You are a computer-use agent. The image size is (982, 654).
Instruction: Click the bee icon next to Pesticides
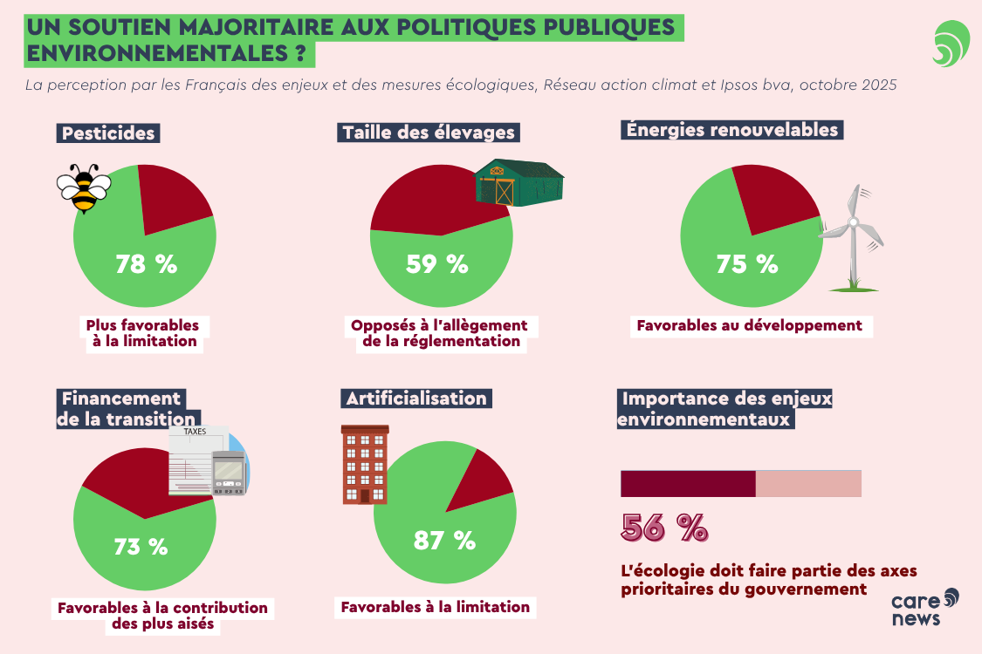coord(84,187)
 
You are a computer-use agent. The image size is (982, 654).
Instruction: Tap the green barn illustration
coord(518,183)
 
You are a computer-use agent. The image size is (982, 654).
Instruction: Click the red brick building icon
coord(365,465)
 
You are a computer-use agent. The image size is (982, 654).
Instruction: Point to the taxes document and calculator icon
coord(209,462)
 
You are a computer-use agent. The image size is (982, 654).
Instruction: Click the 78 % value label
coord(146,264)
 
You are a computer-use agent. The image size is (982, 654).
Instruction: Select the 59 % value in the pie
coord(436,264)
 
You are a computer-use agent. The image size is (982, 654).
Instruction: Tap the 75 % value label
coord(746,264)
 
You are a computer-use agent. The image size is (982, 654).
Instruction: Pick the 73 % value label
coord(141,547)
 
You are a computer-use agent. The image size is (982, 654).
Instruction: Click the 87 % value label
coord(444,541)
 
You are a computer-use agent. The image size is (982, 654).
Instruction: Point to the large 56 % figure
coord(664,528)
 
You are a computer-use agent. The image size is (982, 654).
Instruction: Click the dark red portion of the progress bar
coord(688,484)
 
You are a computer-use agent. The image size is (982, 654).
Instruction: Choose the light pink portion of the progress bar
coord(808,484)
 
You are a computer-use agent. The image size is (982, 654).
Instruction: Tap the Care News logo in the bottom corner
coord(924,607)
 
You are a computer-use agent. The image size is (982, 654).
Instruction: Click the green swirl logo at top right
coord(951,44)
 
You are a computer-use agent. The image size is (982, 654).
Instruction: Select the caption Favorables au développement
coord(749,326)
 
